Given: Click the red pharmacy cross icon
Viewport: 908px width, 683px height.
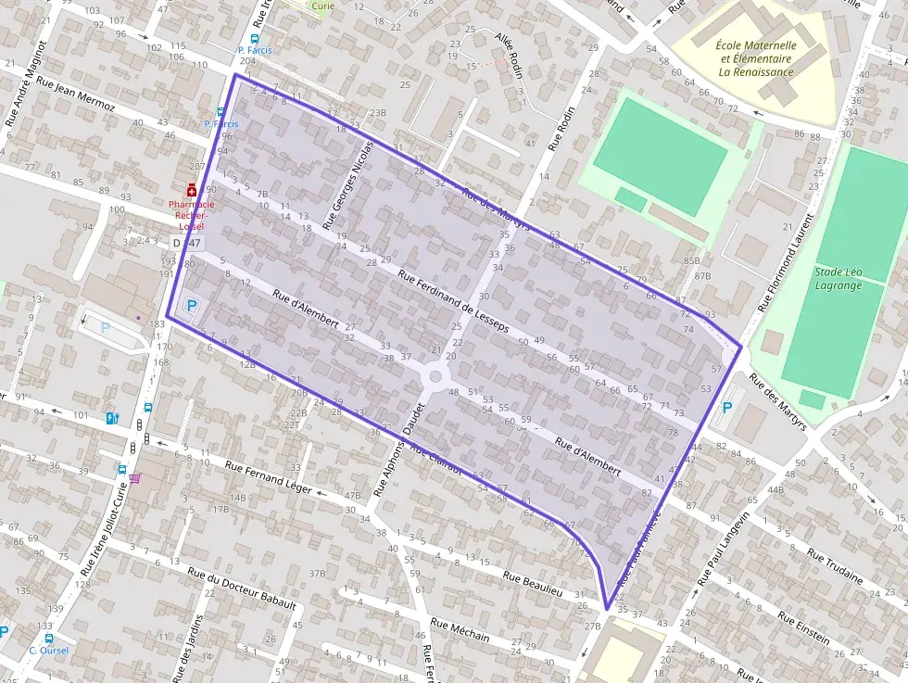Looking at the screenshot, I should [x=192, y=190].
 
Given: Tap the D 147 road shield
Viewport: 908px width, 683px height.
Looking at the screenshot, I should [x=186, y=242].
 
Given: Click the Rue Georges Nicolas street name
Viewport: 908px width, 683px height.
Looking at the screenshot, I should [x=347, y=185].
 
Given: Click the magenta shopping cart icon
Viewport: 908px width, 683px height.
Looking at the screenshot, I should [x=136, y=478].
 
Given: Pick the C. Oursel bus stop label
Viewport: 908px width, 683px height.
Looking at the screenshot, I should [x=45, y=650].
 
